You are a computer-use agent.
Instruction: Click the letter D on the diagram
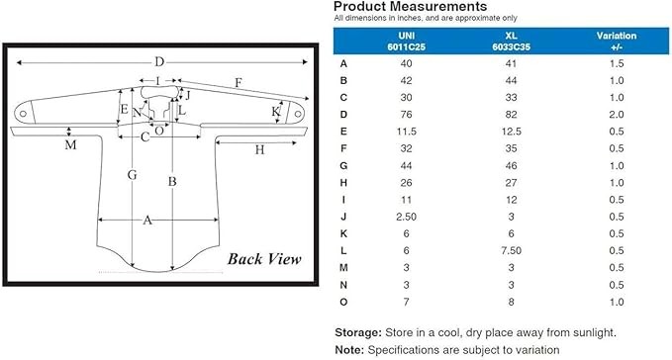click(x=159, y=62)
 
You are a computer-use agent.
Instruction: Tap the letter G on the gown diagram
click(x=132, y=175)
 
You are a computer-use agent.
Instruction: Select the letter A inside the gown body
click(x=147, y=220)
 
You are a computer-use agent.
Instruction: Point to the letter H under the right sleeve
click(x=259, y=149)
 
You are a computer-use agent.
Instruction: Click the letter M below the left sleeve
click(x=70, y=145)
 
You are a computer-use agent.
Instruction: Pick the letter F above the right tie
click(x=239, y=82)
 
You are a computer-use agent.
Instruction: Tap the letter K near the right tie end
click(x=275, y=112)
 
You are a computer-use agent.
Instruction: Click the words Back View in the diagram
click(x=264, y=259)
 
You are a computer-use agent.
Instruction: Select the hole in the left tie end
click(x=23, y=114)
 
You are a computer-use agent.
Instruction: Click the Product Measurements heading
click(x=410, y=6)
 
